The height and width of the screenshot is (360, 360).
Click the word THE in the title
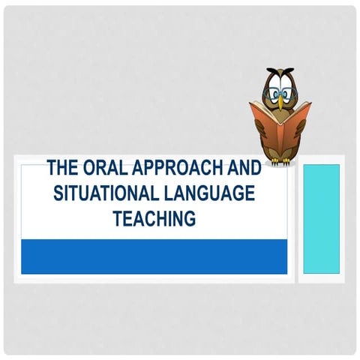tap(62, 167)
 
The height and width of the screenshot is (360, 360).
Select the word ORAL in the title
tap(103, 167)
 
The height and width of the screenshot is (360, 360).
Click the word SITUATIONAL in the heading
tap(102, 193)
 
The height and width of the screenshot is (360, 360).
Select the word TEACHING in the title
tap(154, 218)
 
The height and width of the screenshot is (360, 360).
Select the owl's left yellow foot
tap(274, 160)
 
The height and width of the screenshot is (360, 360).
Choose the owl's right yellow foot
tap(288, 160)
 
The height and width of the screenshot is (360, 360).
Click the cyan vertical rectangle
tap(321, 217)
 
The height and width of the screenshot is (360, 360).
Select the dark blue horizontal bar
tap(154, 256)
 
